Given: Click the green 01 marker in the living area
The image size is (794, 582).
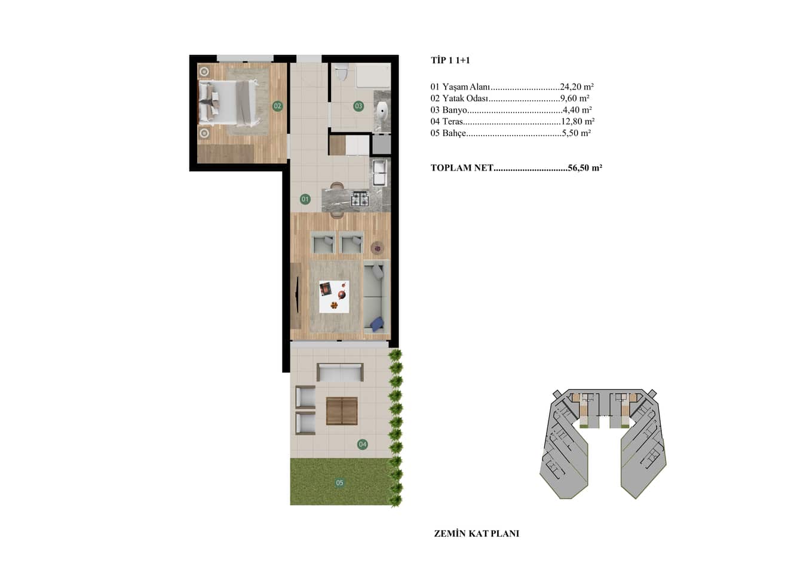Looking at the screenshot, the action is [305, 199].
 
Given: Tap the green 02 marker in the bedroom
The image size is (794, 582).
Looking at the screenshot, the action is [278, 106].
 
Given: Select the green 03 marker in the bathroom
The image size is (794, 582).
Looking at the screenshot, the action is [358, 106].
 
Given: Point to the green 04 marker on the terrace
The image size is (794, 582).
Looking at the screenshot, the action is [362, 444].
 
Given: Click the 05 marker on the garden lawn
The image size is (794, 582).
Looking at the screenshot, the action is [339, 482].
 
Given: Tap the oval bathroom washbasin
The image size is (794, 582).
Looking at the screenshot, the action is [382, 112].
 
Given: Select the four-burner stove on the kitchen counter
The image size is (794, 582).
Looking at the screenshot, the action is [360, 199].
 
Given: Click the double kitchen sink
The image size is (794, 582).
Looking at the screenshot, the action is [379, 173].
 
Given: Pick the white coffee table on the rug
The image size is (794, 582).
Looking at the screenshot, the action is [334, 297].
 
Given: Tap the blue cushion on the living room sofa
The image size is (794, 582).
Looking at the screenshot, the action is [377, 323].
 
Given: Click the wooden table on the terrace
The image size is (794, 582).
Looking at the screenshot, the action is [342, 411].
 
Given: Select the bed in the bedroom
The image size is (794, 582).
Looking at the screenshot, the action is [228, 103].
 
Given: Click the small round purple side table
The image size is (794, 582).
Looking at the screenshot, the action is [377, 248].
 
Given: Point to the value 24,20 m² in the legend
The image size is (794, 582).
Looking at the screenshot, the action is [577, 87].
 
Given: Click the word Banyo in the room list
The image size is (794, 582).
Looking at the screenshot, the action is [455, 110].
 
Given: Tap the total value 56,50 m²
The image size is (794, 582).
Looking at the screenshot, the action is [585, 168].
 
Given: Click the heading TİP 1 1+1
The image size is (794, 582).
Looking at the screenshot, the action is [450, 60].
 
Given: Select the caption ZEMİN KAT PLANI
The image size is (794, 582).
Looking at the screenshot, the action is [476, 534].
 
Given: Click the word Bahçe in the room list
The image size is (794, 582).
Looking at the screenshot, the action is [454, 133].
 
